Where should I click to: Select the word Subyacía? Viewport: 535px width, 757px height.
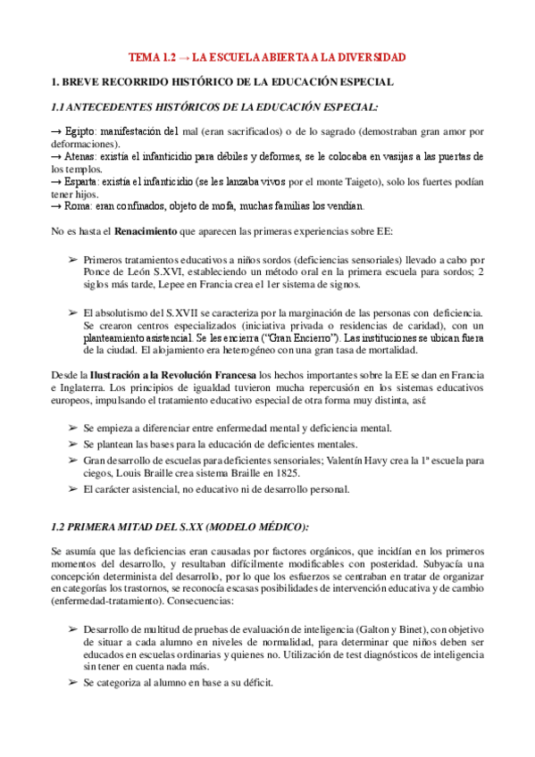click(x=420, y=564)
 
